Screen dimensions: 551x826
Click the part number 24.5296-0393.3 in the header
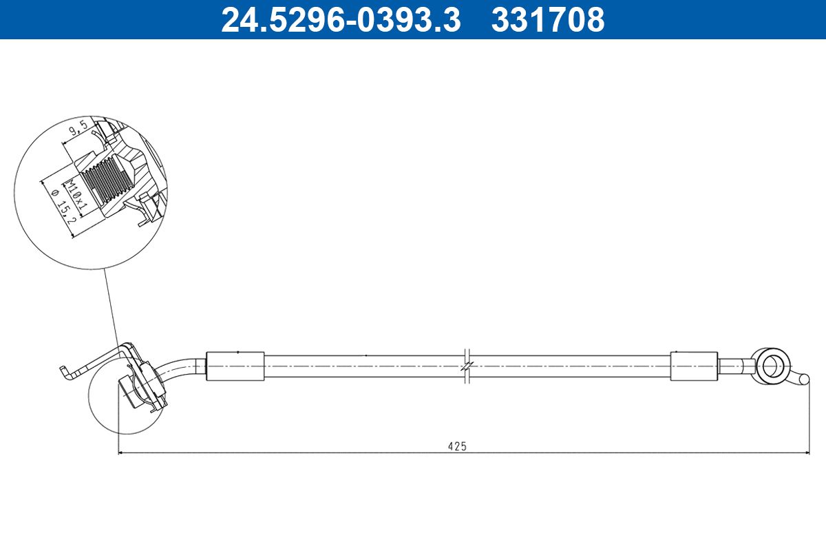coord(340,19)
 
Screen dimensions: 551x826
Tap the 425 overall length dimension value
coord(457,446)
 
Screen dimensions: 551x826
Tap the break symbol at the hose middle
coord(466,365)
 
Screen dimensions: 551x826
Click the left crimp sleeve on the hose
coord(235,366)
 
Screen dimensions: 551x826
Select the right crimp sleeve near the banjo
coord(694,366)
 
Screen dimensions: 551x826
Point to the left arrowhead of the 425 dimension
coord(122,453)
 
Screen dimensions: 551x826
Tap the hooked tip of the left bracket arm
coord(64,373)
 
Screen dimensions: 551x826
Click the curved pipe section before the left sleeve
coord(184,367)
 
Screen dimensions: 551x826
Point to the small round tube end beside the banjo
coord(802,378)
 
